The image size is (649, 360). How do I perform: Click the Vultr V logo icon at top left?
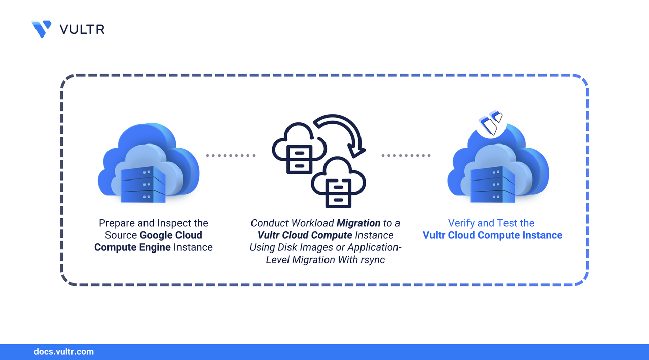point(42,29)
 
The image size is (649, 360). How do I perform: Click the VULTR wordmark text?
point(82,29)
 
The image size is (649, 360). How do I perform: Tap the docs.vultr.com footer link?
point(64,352)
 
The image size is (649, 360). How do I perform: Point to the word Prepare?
point(117,223)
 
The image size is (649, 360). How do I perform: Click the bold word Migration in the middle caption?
point(358,223)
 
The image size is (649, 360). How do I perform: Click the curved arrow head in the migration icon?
point(356,150)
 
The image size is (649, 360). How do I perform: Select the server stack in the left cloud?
point(143,185)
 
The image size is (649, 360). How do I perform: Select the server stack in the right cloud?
point(492,185)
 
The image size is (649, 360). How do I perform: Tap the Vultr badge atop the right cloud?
point(491,123)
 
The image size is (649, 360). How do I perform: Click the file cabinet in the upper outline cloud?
point(299,159)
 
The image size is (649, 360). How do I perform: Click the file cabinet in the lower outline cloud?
point(338,193)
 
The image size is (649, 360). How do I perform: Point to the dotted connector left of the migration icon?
point(231,155)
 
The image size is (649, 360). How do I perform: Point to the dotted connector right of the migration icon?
point(406,155)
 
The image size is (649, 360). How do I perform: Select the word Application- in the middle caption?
point(374,247)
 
